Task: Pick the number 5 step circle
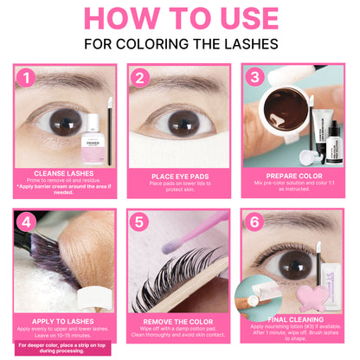pyautogui.click(x=141, y=223)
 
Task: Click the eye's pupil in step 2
pyautogui.click(x=179, y=100)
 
